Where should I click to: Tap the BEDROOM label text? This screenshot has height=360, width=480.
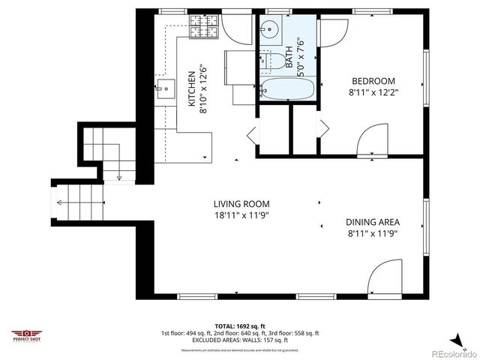click(x=373, y=81)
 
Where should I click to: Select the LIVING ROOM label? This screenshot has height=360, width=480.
click(x=241, y=203)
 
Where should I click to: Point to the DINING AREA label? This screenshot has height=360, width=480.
click(x=372, y=221)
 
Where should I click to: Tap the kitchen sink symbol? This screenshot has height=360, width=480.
click(x=166, y=93)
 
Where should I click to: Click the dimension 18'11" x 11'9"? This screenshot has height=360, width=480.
click(x=241, y=215)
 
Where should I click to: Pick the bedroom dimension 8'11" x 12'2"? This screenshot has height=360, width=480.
click(x=373, y=93)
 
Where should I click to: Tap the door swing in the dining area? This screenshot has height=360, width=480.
click(x=385, y=275)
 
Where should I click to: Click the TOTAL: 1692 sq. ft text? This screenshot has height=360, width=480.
click(x=239, y=325)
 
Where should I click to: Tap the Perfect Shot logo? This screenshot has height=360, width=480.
click(x=27, y=334)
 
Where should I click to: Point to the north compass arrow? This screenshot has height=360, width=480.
click(x=455, y=338)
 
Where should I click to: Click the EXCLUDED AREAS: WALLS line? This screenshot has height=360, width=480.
click(x=239, y=339)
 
